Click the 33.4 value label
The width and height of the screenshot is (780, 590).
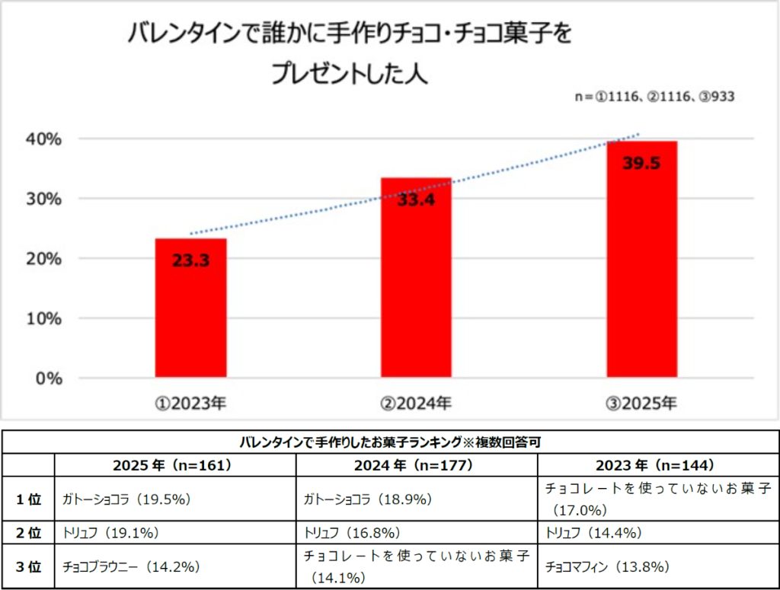(416, 200)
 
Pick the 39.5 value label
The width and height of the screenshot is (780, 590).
(641, 163)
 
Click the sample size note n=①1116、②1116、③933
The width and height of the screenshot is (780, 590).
(654, 97)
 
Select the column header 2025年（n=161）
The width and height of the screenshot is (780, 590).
(175, 465)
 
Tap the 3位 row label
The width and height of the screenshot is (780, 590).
(30, 566)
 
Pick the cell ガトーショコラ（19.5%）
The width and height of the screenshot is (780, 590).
(126, 499)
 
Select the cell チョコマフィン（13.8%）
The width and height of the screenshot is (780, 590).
(607, 566)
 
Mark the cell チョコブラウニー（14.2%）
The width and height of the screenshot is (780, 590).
(131, 566)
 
